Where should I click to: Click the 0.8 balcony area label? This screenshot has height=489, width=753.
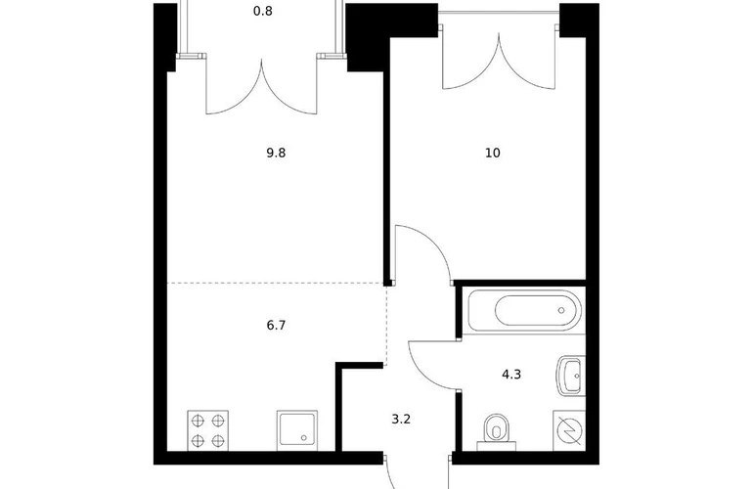[x=263, y=11]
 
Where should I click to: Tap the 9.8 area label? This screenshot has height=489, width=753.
[x=276, y=153]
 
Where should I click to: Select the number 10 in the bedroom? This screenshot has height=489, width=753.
[x=493, y=153]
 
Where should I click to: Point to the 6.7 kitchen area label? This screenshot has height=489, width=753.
[x=276, y=326]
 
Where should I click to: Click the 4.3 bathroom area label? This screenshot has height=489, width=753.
[x=511, y=374]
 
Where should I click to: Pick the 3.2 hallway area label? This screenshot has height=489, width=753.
[x=401, y=419]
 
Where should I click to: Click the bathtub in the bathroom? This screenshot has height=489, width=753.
[x=524, y=310]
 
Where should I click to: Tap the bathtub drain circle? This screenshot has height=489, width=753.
[x=561, y=310]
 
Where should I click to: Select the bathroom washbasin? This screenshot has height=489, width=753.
[x=571, y=376]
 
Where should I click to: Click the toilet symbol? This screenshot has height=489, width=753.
[x=497, y=432]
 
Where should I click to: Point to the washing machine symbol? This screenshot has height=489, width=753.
[x=569, y=430]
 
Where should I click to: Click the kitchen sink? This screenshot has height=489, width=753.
[x=297, y=430]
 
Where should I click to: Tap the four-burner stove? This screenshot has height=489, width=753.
[x=208, y=430]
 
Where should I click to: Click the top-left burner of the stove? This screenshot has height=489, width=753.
[x=198, y=422]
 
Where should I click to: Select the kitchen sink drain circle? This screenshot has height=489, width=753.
[x=303, y=437]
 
